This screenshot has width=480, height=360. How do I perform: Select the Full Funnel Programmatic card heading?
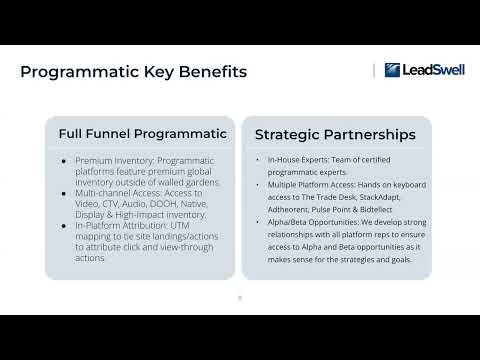(142, 133)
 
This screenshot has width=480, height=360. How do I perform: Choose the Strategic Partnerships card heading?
(336, 133)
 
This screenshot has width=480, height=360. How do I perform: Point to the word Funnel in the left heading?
(122, 133)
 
